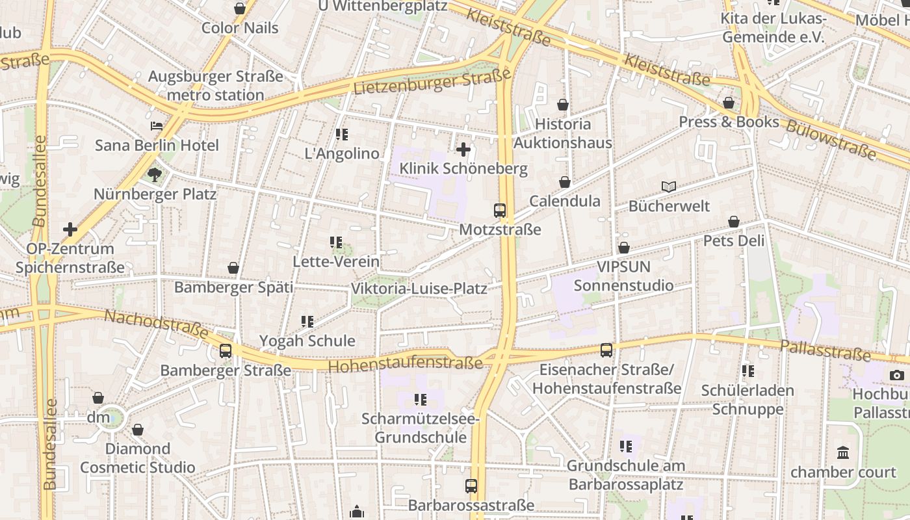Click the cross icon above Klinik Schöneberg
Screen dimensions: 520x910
point(463,150)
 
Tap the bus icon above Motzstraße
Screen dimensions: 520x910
point(499,210)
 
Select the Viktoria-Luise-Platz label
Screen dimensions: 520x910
point(419,289)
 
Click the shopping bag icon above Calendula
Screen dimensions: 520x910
point(565,183)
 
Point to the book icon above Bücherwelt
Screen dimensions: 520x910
point(669,187)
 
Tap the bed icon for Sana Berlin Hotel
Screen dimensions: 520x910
point(157,126)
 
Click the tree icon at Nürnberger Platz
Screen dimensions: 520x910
point(154,174)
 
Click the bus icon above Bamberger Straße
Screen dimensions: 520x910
point(226,351)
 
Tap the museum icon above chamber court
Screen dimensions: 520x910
point(843,452)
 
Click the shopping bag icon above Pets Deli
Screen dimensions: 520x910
point(734,222)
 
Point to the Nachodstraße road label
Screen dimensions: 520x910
point(157,324)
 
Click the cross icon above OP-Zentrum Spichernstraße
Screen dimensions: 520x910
point(70,229)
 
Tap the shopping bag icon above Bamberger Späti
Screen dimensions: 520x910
point(233,268)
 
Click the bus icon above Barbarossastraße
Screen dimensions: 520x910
point(471,486)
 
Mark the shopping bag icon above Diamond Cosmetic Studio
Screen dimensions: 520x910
point(137,430)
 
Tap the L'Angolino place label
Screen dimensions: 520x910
point(342,154)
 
